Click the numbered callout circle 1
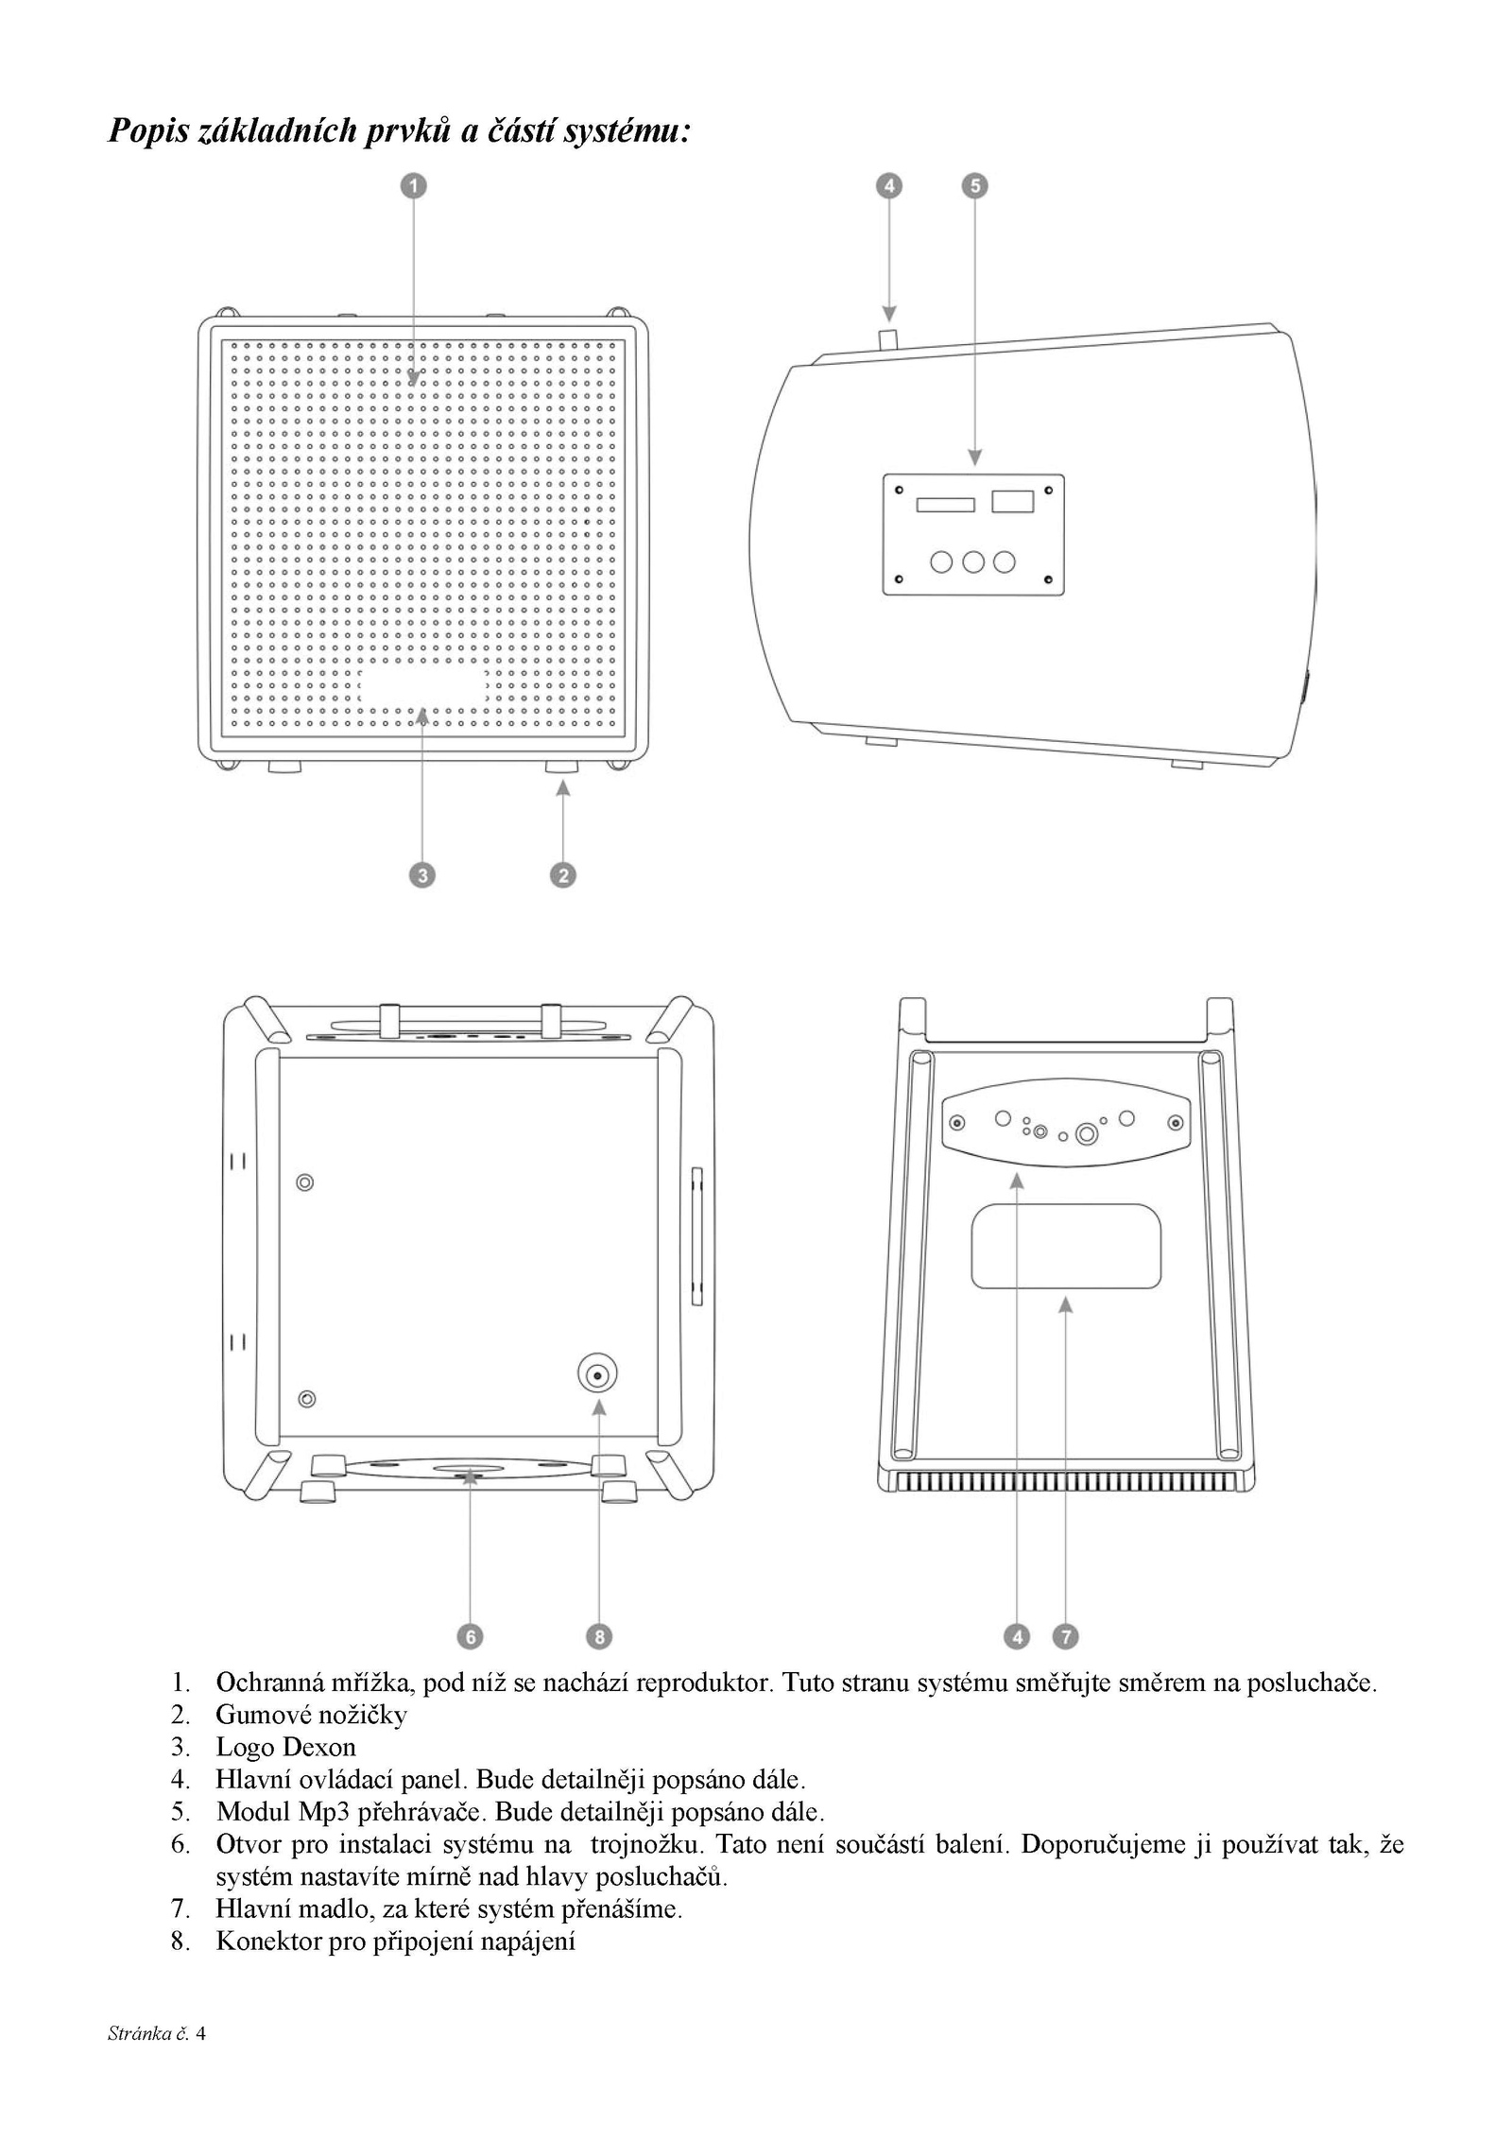click(414, 185)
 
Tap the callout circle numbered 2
click(563, 874)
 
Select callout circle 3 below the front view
click(421, 874)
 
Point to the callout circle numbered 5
click(975, 185)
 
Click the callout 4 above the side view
click(888, 185)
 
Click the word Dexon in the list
click(319, 1748)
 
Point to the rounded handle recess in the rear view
click(1066, 1246)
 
